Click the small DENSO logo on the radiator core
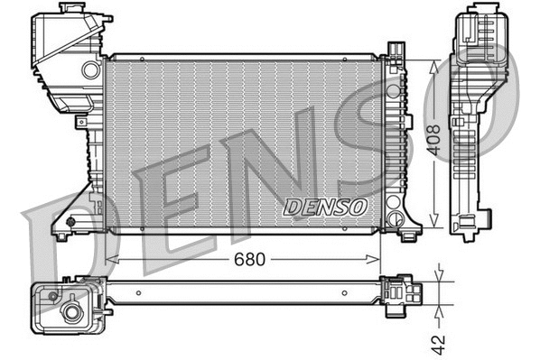[326, 207]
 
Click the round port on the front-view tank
[89, 69]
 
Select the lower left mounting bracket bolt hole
[71, 219]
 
